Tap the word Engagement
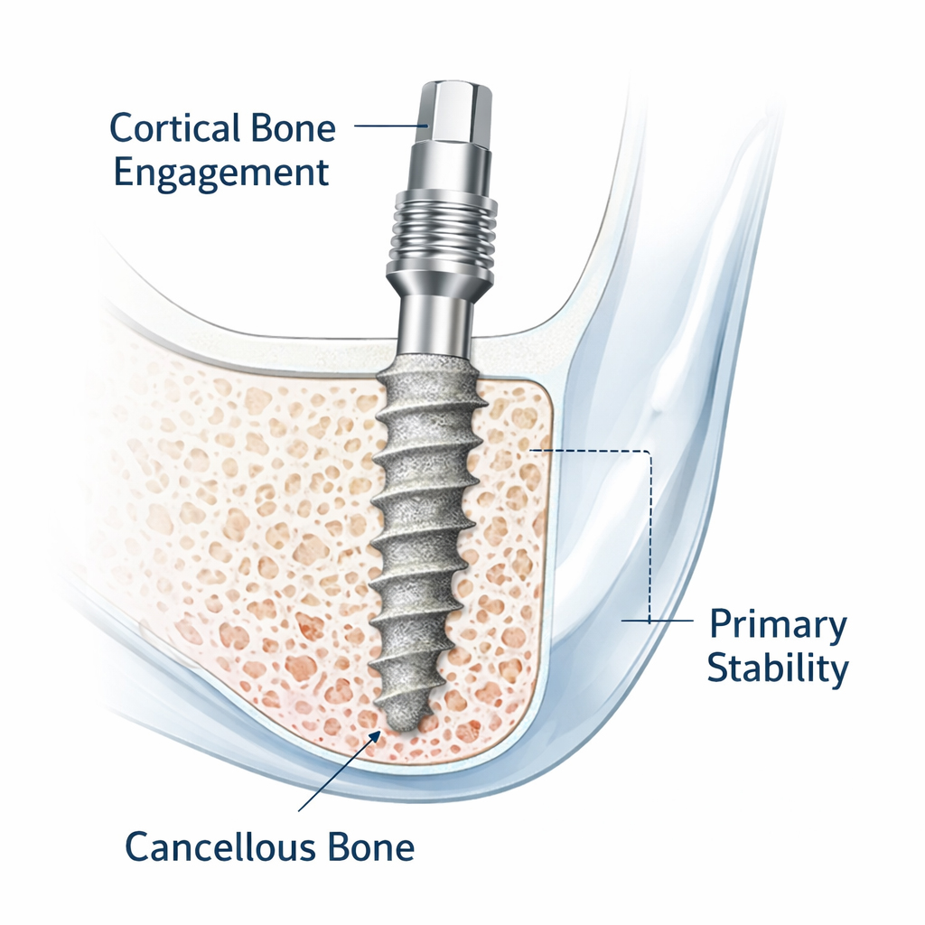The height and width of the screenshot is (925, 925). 221,172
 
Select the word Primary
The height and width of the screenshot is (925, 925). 778,624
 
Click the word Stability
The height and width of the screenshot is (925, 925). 777,669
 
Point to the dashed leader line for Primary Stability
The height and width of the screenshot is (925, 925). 649,533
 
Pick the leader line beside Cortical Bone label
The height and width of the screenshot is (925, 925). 388,126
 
